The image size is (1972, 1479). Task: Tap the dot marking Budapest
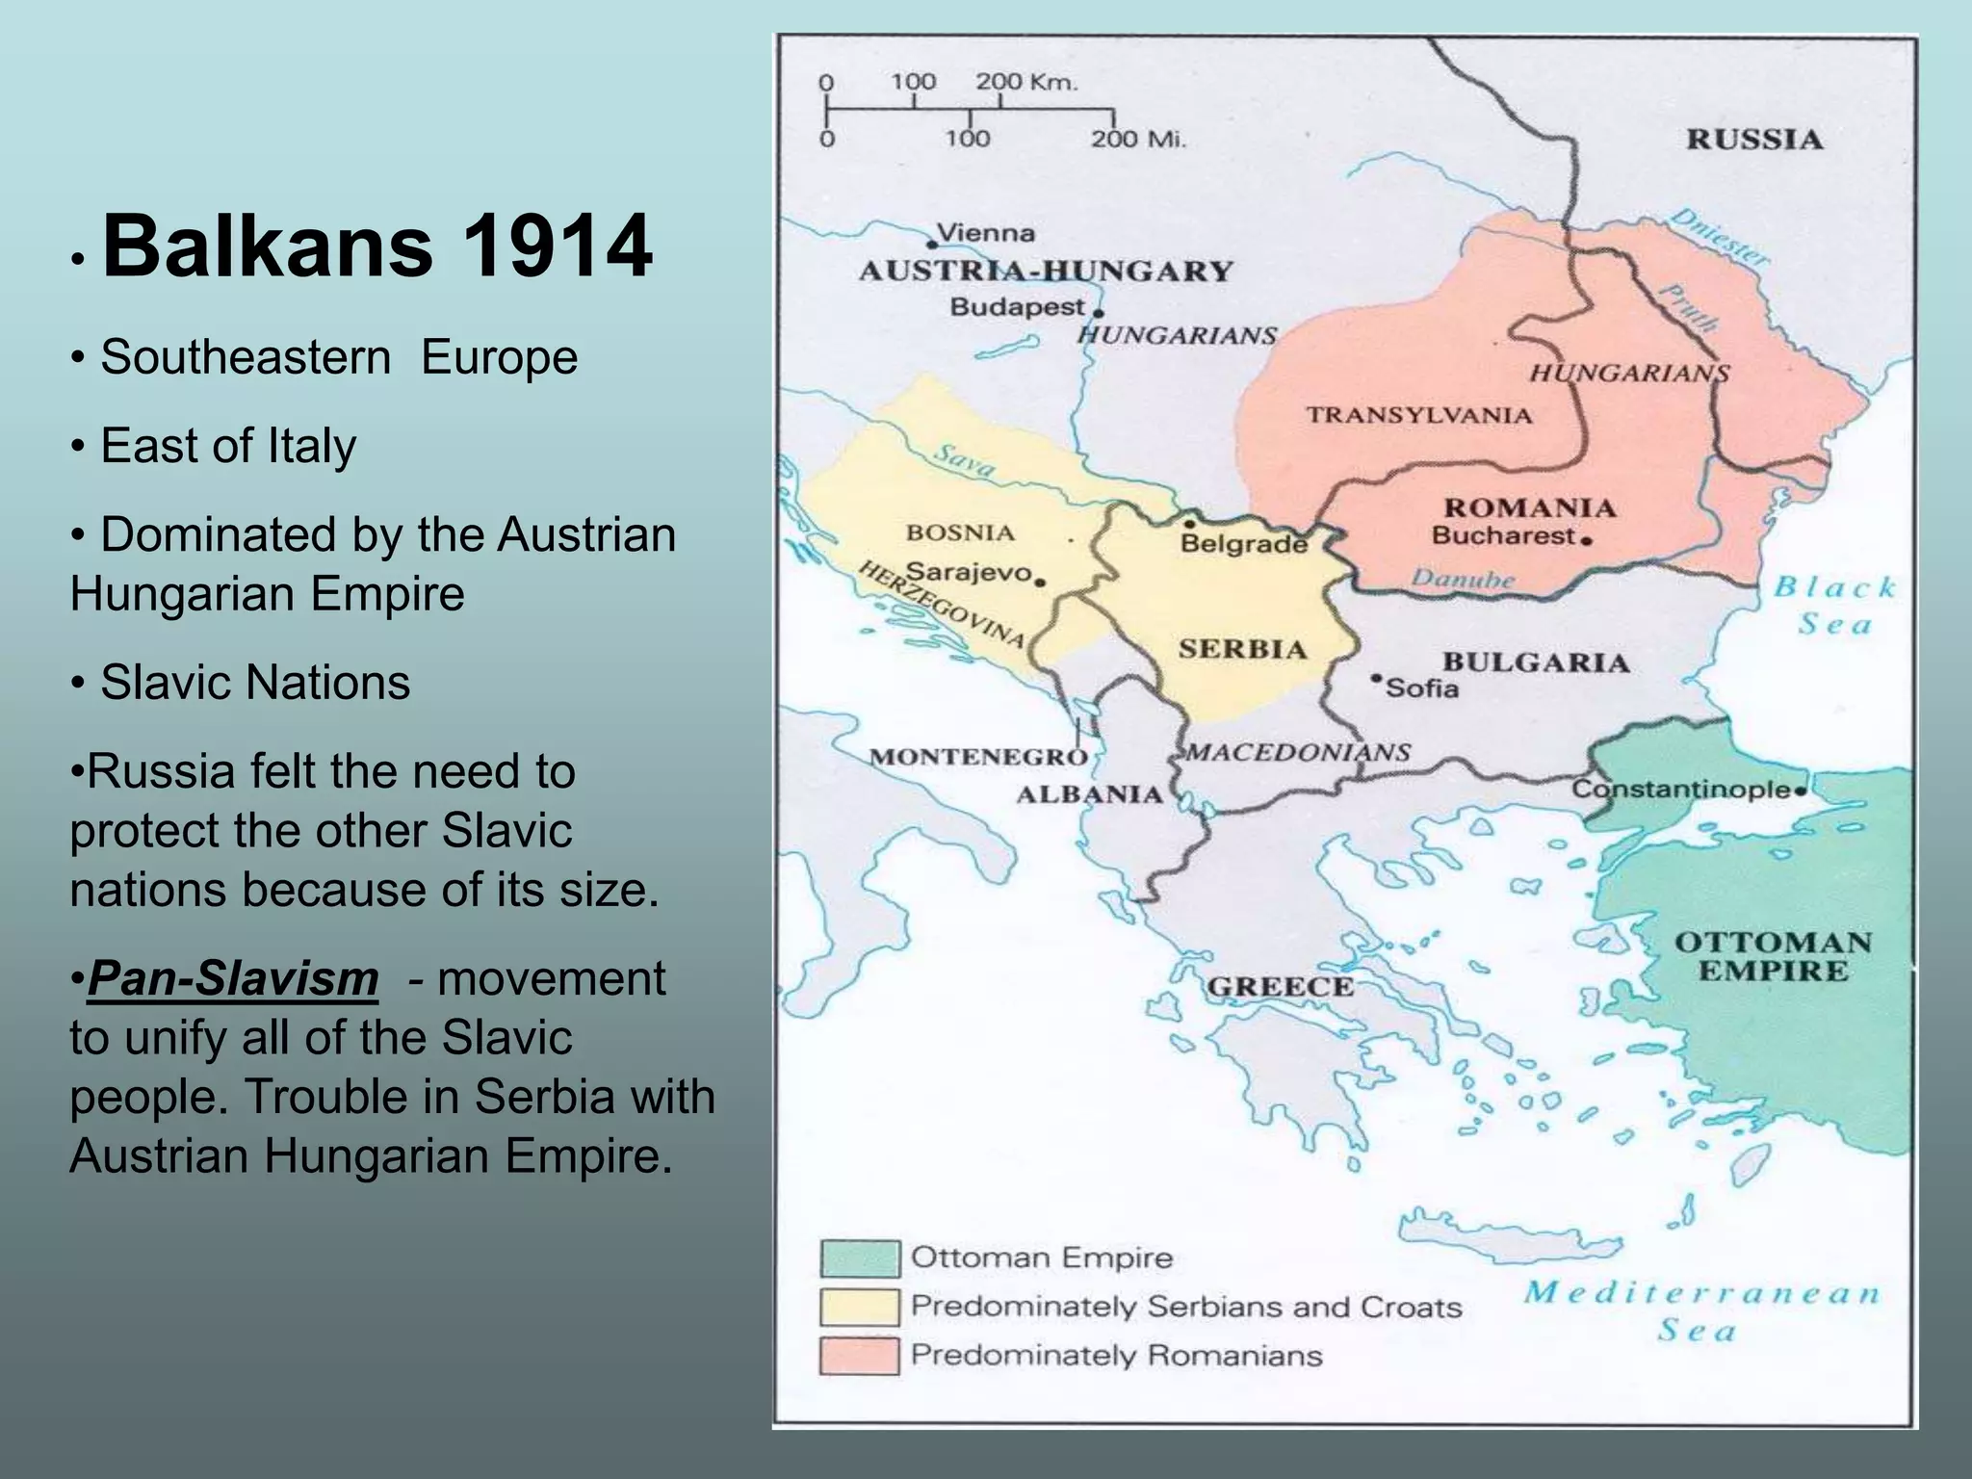click(x=1099, y=313)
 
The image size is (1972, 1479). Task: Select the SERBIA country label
click(x=1242, y=649)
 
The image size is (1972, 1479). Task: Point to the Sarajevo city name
click(x=969, y=572)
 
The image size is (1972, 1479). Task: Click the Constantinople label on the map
click(x=1681, y=790)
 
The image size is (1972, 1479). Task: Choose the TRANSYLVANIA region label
click(x=1418, y=415)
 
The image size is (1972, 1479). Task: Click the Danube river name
click(x=1463, y=579)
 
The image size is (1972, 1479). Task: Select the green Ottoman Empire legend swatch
click(x=859, y=1258)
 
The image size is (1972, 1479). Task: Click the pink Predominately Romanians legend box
click(x=859, y=1356)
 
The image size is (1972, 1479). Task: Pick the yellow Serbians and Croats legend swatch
click(x=859, y=1307)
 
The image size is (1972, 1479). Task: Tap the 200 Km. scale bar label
click(x=1026, y=82)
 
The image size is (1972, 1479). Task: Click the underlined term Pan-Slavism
click(x=233, y=978)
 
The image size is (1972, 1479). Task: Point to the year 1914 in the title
click(x=557, y=246)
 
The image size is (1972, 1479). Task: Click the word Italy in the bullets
click(x=311, y=446)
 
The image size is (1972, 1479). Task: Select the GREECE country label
click(x=1280, y=987)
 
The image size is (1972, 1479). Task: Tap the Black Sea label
click(x=1834, y=606)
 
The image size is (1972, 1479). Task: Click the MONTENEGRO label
click(x=978, y=757)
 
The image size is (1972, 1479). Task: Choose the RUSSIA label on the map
click(x=1754, y=140)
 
